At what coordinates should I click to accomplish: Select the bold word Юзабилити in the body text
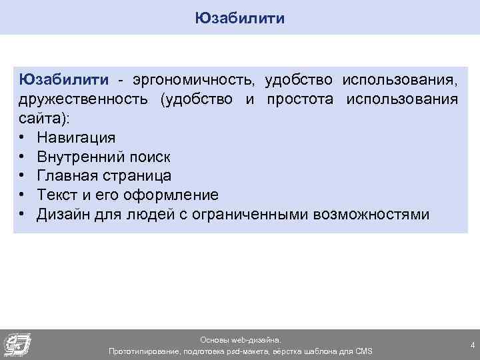(x=63, y=80)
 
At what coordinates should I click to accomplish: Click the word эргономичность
(x=193, y=80)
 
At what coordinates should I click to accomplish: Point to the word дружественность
(x=85, y=99)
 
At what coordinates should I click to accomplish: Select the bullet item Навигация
(x=76, y=138)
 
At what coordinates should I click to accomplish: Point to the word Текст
(x=57, y=195)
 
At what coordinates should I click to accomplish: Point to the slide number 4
(x=472, y=345)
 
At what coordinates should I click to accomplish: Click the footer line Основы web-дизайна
(x=241, y=339)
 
